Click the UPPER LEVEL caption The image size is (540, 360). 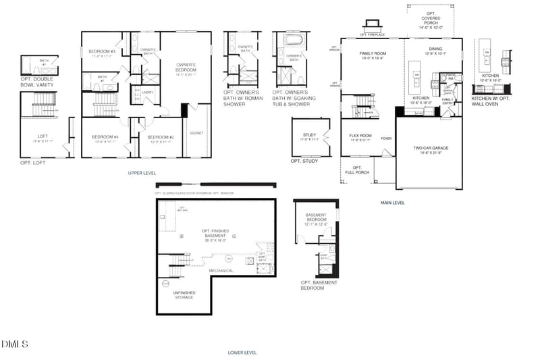[x=142, y=173]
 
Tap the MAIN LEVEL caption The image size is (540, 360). [x=392, y=202]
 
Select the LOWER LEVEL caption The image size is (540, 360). [x=242, y=352]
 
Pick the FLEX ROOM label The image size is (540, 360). [x=361, y=137]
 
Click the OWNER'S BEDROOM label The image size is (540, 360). [x=186, y=68]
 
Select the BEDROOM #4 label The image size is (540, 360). [x=105, y=139]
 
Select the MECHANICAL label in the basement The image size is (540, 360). [x=221, y=271]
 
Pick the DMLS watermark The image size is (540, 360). [x=15, y=344]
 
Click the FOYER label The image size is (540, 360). [x=385, y=138]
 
